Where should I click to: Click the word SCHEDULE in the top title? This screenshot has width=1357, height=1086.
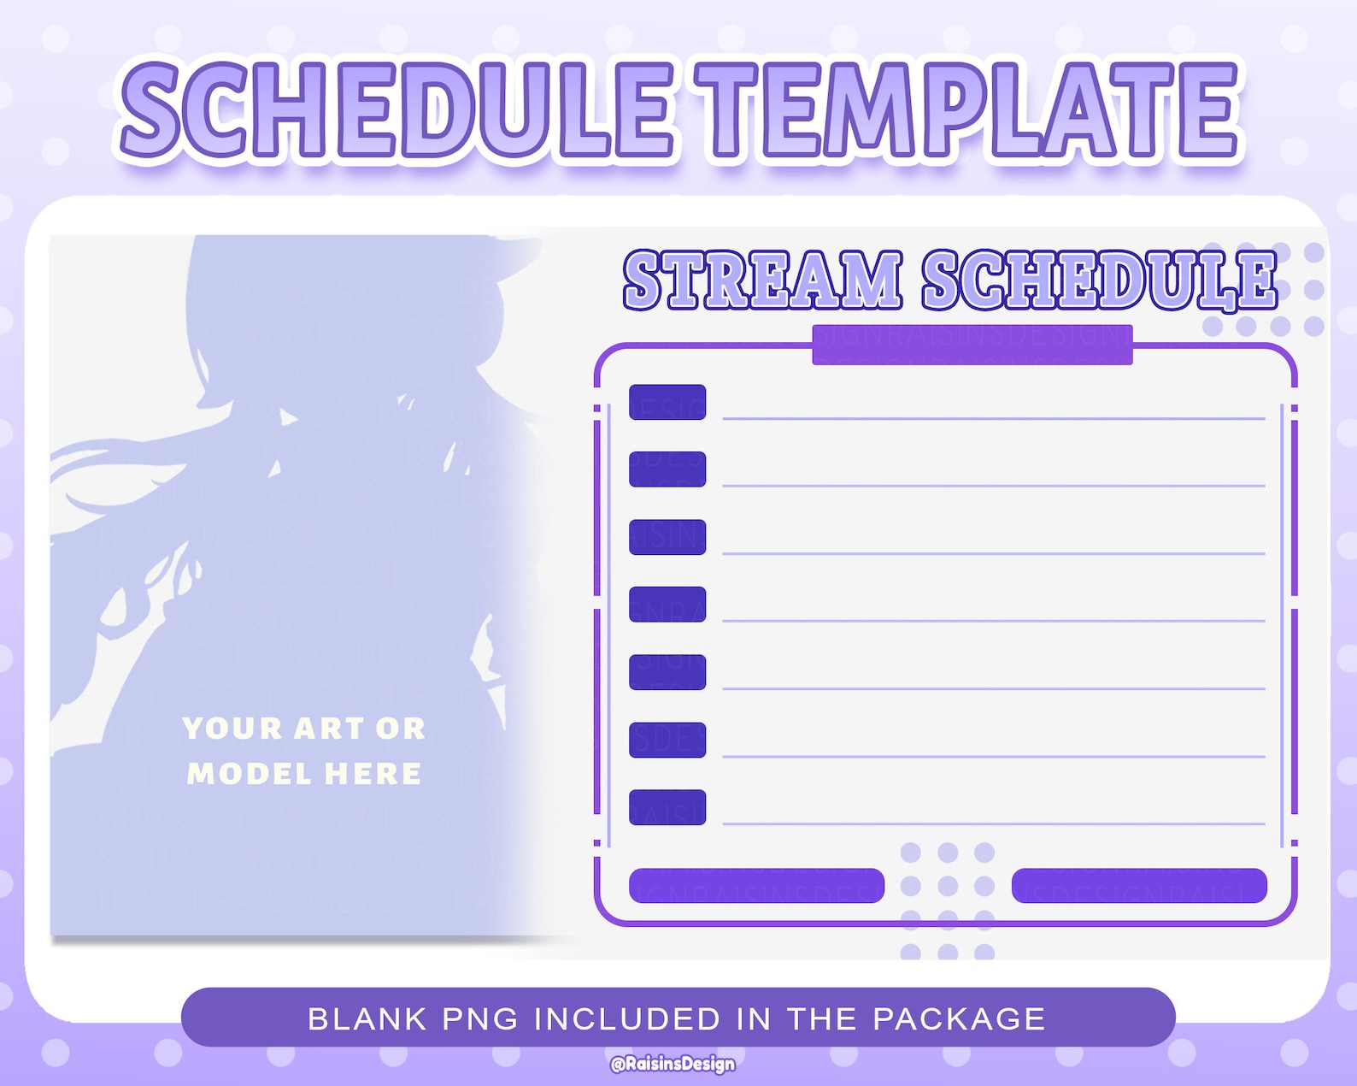[397, 111]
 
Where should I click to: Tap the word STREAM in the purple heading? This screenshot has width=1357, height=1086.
[762, 280]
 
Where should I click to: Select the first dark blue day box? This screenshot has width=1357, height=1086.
[667, 402]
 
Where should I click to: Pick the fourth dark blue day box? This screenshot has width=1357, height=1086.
[667, 605]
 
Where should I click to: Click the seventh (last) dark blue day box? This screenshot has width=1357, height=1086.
[667, 807]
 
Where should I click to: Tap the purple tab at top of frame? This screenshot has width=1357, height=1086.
[972, 345]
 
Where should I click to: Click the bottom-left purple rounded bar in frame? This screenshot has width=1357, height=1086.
[756, 886]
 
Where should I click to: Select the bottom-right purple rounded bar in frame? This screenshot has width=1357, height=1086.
[1138, 886]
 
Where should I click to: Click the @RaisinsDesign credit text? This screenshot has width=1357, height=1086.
[673, 1064]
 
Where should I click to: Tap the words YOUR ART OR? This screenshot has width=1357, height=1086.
[303, 729]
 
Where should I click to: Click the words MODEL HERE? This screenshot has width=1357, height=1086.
[303, 774]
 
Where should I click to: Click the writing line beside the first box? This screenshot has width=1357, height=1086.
[993, 419]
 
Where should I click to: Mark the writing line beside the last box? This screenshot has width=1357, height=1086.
[993, 823]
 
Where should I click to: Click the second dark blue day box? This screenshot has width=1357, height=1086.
[667, 469]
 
